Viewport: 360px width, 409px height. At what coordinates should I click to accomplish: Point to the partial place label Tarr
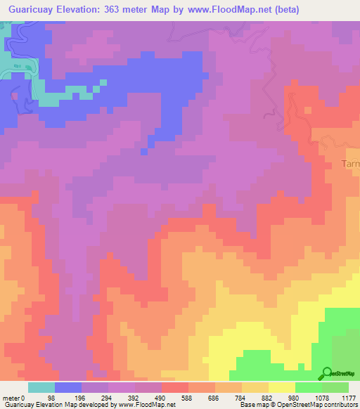pos(350,164)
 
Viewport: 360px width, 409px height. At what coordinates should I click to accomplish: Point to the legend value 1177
pos(347,398)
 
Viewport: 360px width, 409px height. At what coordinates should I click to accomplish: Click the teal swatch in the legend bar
pos(41,387)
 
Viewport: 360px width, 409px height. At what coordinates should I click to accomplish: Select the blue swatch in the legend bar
pos(68,387)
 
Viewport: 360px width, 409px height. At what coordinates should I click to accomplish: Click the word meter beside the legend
pos(11,398)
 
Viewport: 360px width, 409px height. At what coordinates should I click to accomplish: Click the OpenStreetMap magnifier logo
pos(326,373)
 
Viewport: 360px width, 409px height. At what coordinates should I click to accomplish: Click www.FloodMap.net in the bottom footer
pos(146,405)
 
